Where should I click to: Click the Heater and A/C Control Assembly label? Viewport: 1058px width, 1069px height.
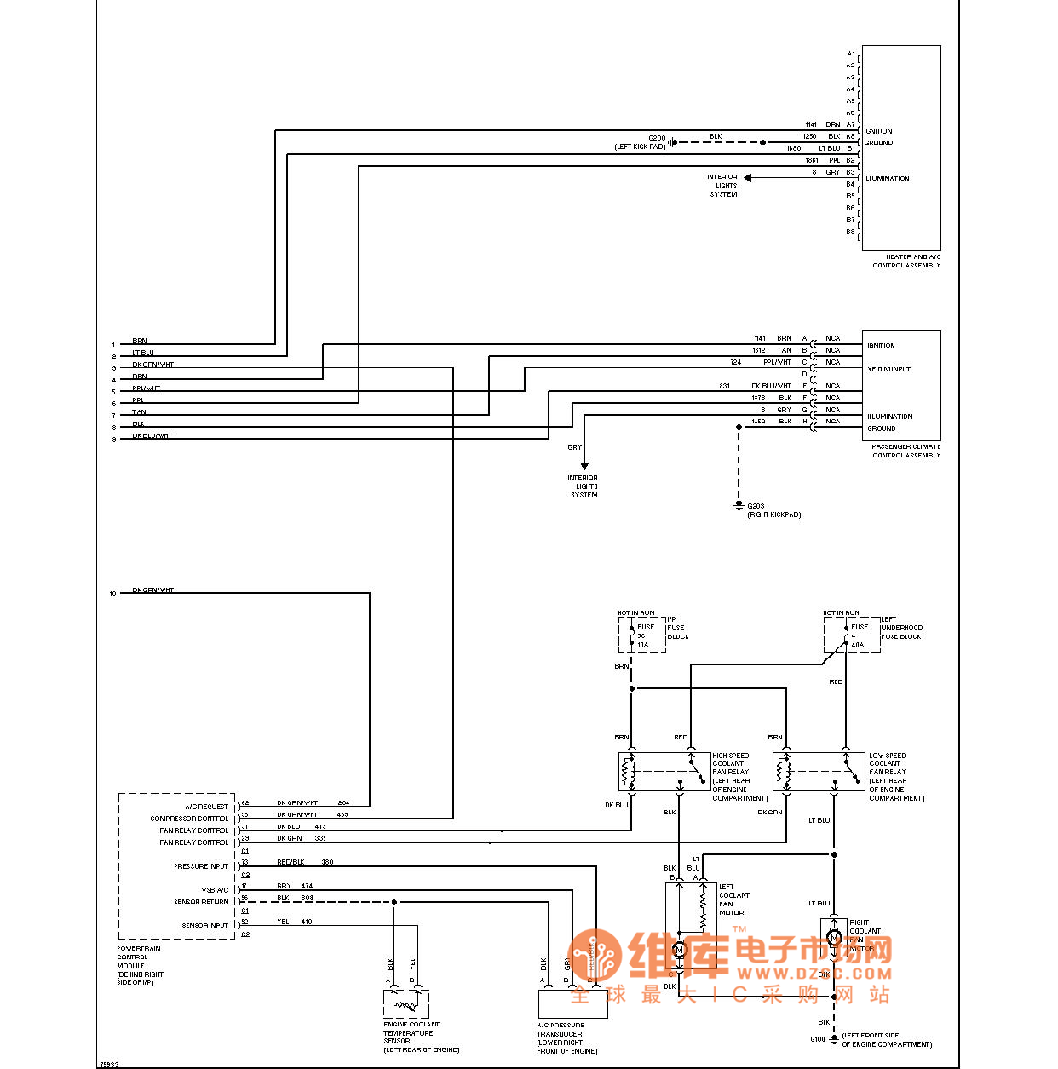[x=906, y=261]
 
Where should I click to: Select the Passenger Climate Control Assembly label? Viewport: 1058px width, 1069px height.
[x=906, y=451]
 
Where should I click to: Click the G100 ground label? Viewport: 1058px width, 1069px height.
[x=818, y=1039]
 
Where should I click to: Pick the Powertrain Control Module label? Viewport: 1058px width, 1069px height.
[x=140, y=965]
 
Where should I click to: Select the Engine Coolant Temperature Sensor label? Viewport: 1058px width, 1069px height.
[x=412, y=1037]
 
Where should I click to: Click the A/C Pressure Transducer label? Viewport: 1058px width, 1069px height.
[x=566, y=1037]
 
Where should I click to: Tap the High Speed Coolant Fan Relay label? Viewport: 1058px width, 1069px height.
[x=739, y=776]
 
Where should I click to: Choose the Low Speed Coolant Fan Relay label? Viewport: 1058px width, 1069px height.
[x=895, y=776]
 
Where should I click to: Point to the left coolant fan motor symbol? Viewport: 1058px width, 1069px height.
[x=679, y=949]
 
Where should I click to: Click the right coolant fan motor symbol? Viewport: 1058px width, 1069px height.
[x=834, y=938]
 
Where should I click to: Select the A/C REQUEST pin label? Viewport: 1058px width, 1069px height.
[x=206, y=807]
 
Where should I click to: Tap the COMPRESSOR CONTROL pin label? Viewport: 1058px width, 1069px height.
[x=189, y=819]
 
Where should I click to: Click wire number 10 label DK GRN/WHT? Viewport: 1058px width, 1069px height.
[x=152, y=590]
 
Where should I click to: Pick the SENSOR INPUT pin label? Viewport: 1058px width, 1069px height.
[x=204, y=925]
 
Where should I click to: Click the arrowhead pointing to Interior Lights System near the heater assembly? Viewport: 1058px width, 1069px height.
[x=748, y=178]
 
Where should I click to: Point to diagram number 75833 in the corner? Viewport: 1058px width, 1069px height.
[x=109, y=1064]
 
